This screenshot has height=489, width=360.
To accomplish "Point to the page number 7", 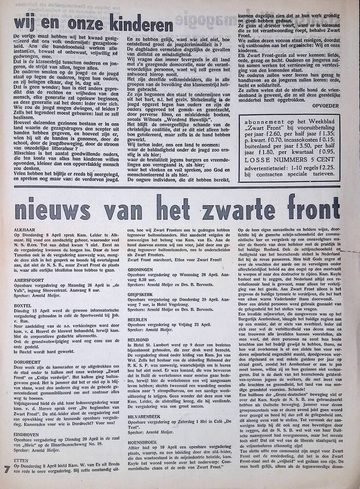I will point(6,470).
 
